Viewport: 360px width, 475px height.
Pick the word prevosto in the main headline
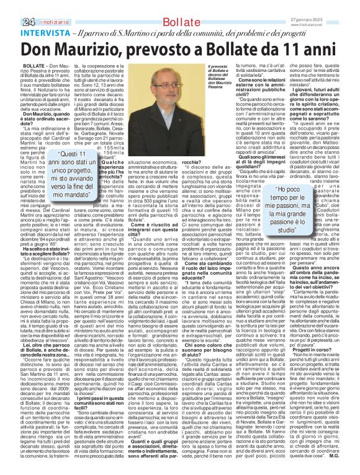tap(168, 50)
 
